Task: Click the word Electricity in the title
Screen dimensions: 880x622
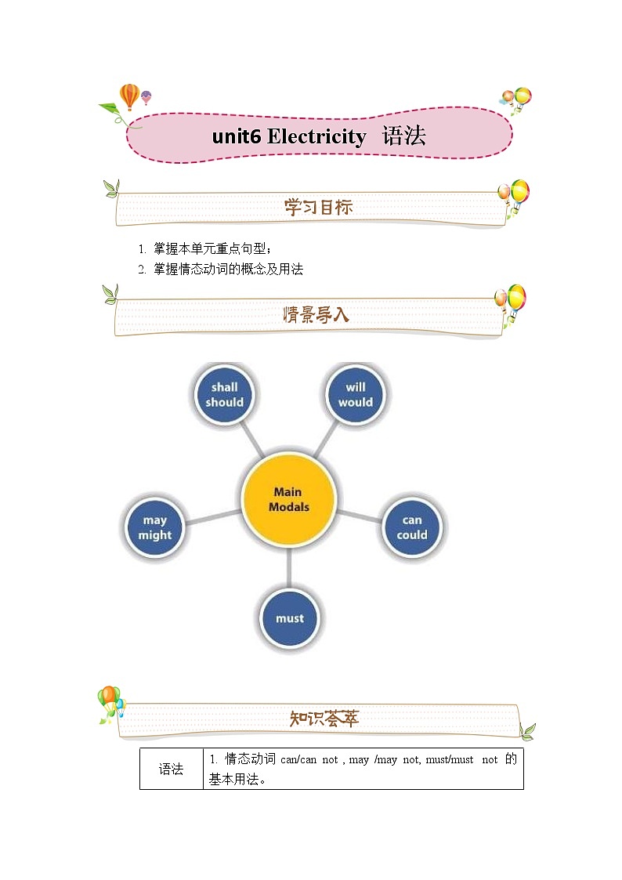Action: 316,137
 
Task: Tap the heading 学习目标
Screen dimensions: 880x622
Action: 318,208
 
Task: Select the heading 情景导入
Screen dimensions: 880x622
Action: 316,315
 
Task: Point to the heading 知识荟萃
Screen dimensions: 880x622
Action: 324,719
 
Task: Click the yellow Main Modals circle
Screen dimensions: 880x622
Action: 288,499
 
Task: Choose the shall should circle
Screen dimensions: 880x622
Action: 225,394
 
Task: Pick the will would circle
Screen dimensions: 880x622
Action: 356,394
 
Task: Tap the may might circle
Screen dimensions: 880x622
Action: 155,527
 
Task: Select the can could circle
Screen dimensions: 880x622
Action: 412,527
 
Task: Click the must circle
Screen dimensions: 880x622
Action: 289,618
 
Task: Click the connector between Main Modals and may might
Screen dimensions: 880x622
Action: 212,516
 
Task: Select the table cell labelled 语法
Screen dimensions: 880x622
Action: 171,769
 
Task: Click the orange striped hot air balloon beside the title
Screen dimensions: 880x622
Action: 129,96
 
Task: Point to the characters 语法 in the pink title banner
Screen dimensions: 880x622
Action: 404,136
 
